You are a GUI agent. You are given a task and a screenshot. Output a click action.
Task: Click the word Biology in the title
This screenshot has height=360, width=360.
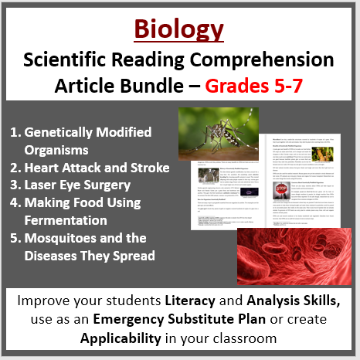tap(179, 30)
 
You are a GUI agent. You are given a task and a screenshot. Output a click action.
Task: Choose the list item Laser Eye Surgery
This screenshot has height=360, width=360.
tap(76, 185)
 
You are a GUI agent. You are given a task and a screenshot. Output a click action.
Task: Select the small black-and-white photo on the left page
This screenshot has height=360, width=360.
tap(188, 178)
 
